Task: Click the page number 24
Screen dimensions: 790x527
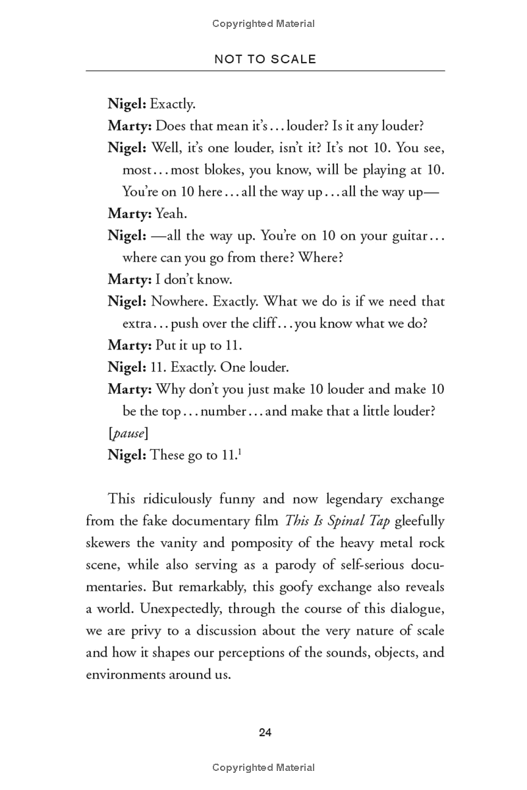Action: [x=265, y=732]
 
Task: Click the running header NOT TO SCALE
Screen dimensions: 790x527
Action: [x=265, y=59]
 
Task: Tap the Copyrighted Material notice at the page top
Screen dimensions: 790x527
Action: [x=263, y=24]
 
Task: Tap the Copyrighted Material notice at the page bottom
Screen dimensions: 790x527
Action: [x=263, y=768]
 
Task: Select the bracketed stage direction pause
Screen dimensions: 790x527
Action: [x=128, y=433]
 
